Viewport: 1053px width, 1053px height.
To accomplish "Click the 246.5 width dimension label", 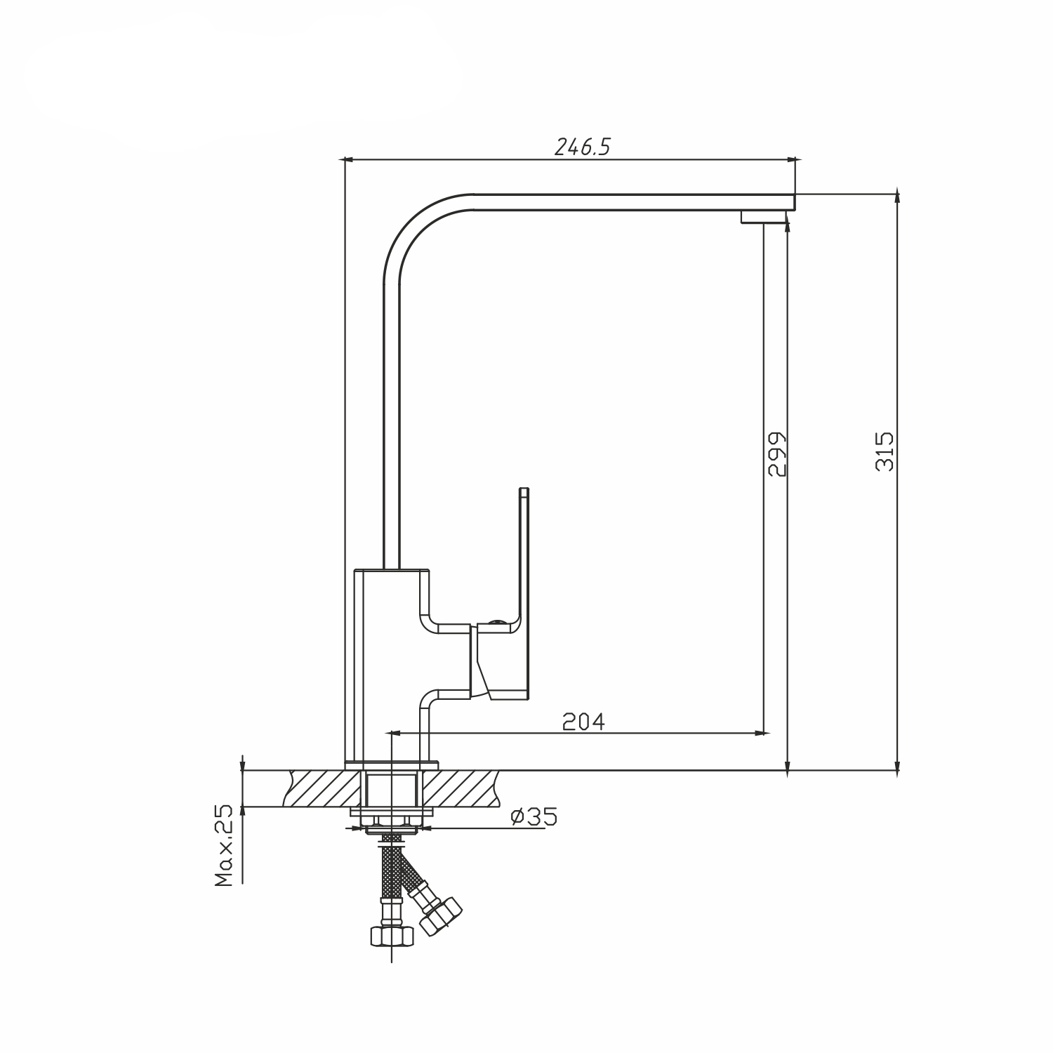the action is (x=583, y=147).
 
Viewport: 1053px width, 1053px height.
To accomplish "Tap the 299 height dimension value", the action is (x=777, y=454).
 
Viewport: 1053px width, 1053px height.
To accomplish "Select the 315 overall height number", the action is (x=885, y=451).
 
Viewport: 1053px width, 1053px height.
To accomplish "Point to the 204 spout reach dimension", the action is (x=583, y=721).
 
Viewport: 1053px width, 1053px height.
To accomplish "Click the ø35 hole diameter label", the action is (x=534, y=816).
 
